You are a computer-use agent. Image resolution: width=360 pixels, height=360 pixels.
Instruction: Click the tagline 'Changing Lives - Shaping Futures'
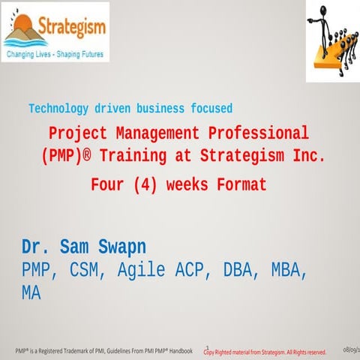click(x=54, y=55)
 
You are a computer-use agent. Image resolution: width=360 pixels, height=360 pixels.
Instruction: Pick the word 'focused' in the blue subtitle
click(x=206, y=108)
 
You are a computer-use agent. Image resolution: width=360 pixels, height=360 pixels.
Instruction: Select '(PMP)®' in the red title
click(x=73, y=157)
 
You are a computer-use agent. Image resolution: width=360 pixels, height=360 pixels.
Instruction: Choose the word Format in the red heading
click(x=240, y=183)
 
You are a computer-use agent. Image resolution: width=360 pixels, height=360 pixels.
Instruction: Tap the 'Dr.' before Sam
click(x=35, y=247)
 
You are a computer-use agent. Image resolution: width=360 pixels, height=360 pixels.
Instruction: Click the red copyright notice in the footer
click(x=265, y=351)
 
